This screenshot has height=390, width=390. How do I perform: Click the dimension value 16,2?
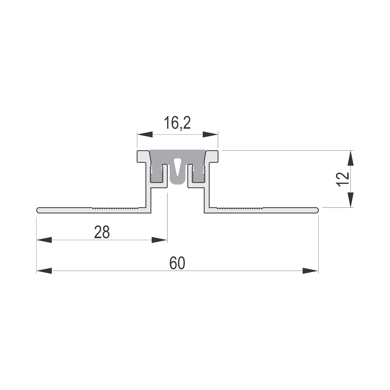(x=177, y=123)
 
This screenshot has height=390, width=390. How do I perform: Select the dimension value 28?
(x=102, y=232)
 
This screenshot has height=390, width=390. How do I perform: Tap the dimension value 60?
(x=177, y=263)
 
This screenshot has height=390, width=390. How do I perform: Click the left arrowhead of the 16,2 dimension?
(x=145, y=134)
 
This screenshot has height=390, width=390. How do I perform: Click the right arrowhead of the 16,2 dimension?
(x=210, y=134)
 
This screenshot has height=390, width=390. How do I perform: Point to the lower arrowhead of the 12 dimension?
(x=351, y=200)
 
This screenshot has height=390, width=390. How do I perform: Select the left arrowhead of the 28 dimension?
(x=44, y=240)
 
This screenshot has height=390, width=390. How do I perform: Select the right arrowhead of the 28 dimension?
(x=159, y=240)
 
